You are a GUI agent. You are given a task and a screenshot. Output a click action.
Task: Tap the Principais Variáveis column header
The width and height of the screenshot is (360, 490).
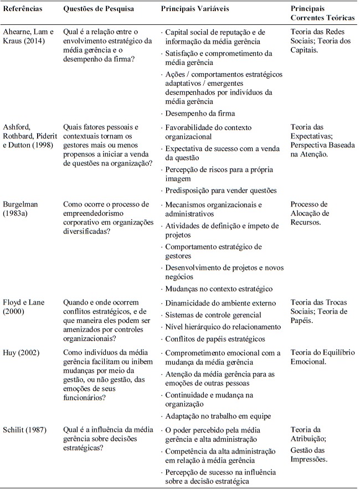194,9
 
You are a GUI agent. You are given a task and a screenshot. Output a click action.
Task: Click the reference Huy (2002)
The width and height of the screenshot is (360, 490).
20,353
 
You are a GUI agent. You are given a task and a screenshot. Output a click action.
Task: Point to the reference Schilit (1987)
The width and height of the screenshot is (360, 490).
25,430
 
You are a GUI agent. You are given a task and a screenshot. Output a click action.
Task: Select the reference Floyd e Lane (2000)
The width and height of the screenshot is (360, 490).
24,307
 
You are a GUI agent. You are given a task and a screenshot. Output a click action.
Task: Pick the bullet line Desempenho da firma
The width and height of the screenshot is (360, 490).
199,114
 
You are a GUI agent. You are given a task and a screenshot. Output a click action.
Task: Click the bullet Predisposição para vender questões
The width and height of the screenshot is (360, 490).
221,190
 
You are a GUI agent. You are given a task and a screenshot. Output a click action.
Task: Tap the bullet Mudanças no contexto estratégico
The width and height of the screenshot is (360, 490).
219,288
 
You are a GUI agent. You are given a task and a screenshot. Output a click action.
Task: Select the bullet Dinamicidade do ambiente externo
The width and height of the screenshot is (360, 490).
220,303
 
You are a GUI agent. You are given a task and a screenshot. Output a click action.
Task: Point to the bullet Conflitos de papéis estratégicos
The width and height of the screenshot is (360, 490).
215,339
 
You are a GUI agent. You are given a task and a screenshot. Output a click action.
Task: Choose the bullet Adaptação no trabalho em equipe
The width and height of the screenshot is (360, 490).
218,416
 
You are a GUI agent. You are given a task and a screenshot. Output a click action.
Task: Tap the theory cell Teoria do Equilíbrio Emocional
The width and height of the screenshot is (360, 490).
323,357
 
